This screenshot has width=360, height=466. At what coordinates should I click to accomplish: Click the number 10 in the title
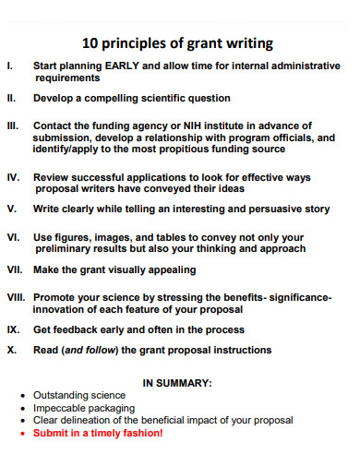91,43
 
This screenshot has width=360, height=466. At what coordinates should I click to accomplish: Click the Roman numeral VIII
16,298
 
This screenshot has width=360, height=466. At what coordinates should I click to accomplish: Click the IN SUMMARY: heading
177,382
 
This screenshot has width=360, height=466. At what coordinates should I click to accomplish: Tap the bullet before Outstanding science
23,395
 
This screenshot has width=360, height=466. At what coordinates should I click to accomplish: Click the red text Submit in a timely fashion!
97,432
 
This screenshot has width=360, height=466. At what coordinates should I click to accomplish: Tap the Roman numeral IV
12,176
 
